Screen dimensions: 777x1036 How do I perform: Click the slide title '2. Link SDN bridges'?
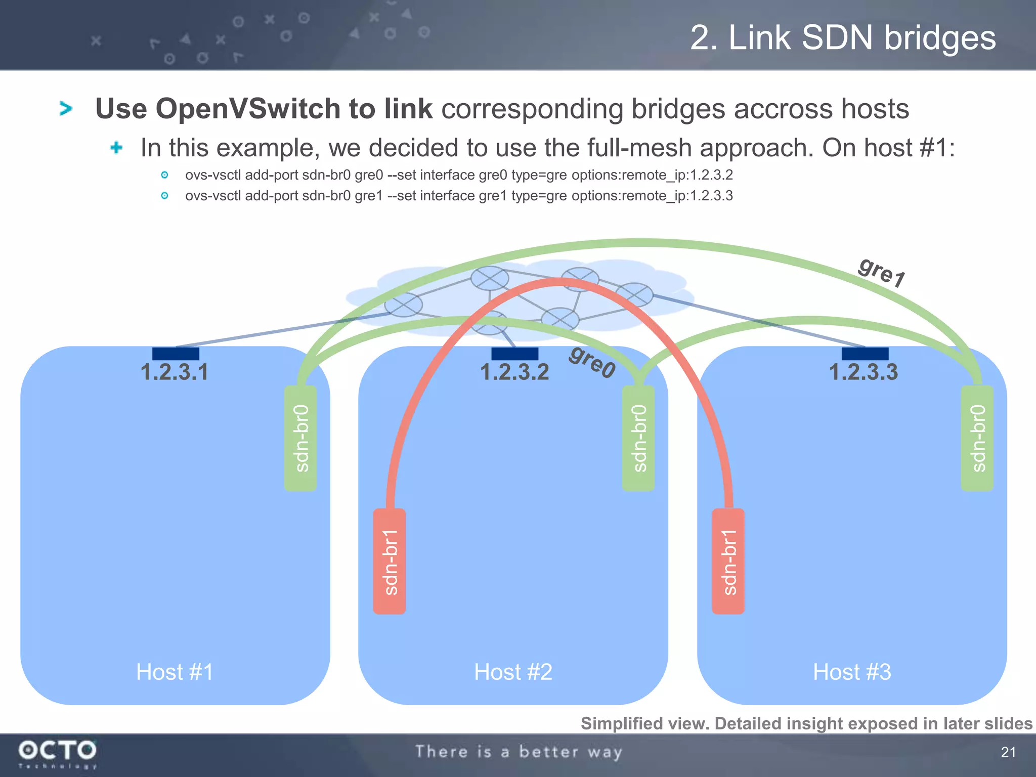[x=843, y=38]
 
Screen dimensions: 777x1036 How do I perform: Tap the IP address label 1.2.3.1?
[x=174, y=372]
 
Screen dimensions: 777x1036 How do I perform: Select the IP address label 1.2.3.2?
[x=514, y=372]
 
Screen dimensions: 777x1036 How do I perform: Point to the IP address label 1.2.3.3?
[x=863, y=372]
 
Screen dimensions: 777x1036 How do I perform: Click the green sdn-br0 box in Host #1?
[x=300, y=438]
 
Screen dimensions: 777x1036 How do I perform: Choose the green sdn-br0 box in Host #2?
[x=638, y=438]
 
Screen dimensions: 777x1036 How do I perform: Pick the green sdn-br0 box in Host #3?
[x=977, y=438]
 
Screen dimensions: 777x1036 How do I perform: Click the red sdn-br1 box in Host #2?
[x=390, y=562]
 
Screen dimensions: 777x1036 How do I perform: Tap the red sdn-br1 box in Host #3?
[x=728, y=562]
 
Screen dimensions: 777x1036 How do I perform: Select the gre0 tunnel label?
[x=592, y=362]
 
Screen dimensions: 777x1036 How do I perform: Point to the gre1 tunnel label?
[x=882, y=272]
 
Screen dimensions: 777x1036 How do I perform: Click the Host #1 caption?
[x=175, y=672]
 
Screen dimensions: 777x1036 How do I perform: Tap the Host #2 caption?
[x=513, y=672]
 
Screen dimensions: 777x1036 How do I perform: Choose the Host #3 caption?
[x=852, y=672]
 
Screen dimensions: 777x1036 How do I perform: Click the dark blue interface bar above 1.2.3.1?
[x=176, y=354]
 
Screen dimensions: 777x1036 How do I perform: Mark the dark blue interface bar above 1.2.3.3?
[x=865, y=354]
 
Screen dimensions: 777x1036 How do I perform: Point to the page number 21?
[x=1008, y=752]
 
